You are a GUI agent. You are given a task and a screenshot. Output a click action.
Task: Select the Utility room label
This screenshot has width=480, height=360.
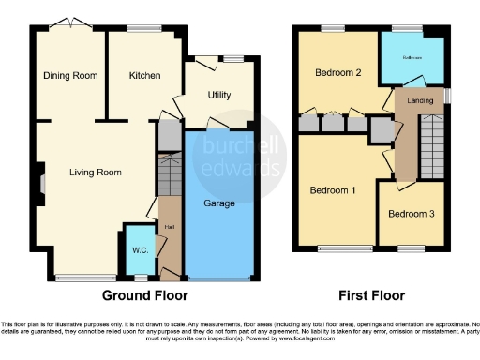220,96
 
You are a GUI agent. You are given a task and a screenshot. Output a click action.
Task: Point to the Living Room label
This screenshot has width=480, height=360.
97,172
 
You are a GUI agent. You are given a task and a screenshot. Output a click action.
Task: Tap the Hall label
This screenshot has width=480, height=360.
170,226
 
